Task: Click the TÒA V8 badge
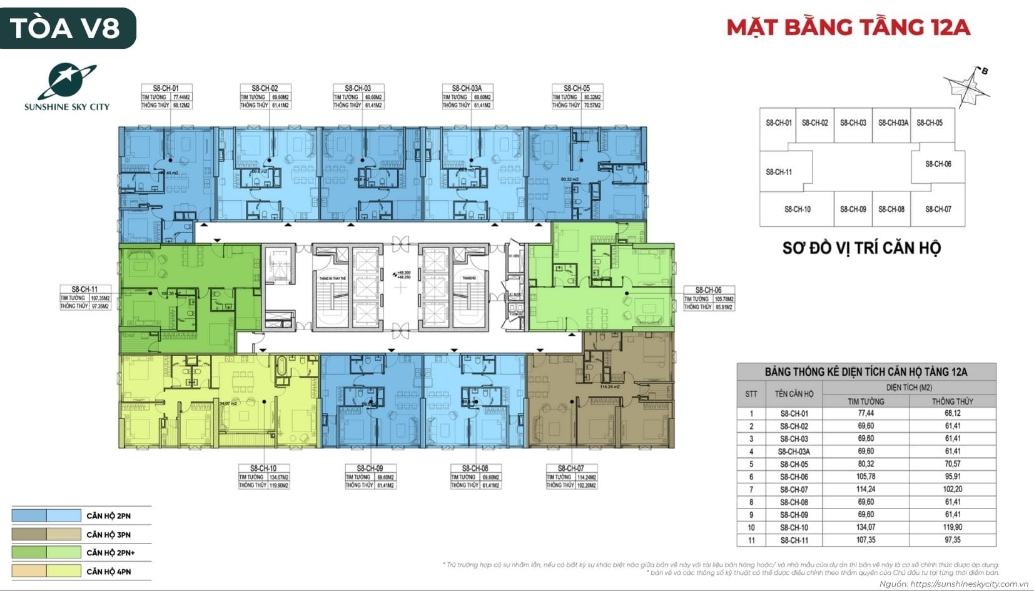(68, 28)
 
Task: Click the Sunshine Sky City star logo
(67, 81)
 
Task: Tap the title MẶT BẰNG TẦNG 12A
(848, 28)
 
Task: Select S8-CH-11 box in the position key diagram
(779, 172)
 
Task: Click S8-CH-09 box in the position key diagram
(853, 210)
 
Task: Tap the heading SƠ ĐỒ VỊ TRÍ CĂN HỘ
(861, 248)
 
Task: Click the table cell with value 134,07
(866, 527)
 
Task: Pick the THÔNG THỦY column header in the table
(952, 401)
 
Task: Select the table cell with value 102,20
(952, 489)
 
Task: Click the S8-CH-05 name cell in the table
(794, 464)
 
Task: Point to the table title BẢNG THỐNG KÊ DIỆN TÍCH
(866, 371)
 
